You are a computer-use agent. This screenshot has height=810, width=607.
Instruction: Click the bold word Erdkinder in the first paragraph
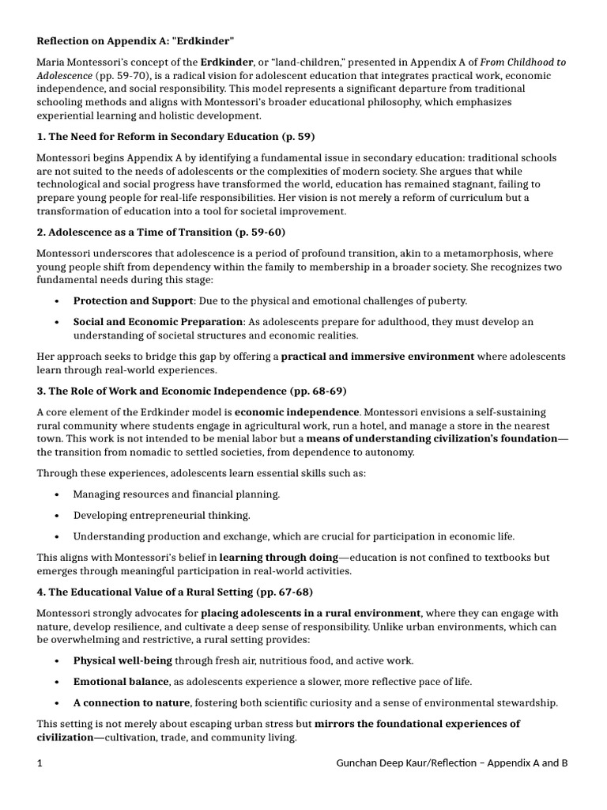click(x=227, y=62)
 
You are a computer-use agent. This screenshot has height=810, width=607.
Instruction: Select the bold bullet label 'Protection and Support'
click(x=133, y=301)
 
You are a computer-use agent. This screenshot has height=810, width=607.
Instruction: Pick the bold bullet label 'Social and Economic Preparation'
click(x=158, y=322)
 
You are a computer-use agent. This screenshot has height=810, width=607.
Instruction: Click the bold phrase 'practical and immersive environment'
click(x=378, y=357)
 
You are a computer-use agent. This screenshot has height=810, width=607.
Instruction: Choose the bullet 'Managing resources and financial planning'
click(x=176, y=494)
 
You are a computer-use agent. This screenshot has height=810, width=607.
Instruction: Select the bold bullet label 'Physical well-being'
click(x=123, y=660)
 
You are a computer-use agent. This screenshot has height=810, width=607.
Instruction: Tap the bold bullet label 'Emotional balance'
click(x=121, y=681)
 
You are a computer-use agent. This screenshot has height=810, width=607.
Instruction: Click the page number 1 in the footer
click(x=39, y=763)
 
